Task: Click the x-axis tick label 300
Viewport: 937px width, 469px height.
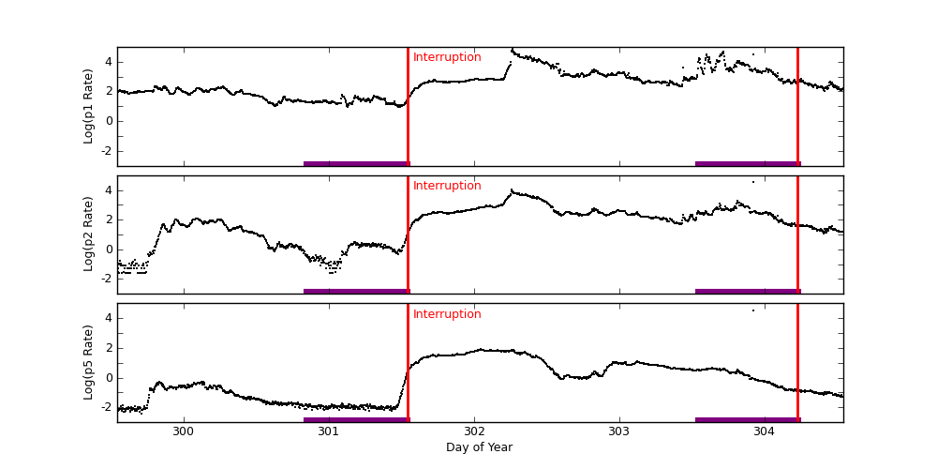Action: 184,431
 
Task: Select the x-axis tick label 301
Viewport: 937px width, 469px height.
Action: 329,431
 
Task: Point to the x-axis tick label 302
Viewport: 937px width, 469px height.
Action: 474,431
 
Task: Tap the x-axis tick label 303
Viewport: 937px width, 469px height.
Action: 618,431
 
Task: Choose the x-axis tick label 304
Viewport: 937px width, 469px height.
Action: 764,431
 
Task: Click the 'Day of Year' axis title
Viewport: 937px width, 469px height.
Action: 479,447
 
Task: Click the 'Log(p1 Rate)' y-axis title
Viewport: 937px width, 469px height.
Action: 89,106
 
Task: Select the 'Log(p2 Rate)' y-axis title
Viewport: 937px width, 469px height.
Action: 89,234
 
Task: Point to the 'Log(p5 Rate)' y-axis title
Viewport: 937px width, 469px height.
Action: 89,362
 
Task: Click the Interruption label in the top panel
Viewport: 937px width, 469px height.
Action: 447,57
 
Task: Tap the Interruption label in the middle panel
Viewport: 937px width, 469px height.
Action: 447,186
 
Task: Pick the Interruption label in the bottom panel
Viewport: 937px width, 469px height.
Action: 447,314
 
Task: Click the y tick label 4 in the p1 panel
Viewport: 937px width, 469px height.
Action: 109,62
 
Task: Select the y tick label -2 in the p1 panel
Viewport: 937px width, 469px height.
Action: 106,150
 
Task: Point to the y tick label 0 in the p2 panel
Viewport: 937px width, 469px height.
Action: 109,249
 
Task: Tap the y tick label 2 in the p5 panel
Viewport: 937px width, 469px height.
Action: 109,348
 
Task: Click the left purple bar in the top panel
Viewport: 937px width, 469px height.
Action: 356,164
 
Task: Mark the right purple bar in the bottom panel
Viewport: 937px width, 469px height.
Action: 747,420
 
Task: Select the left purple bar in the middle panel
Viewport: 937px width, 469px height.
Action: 356,292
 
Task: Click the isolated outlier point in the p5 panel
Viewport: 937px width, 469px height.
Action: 752,310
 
